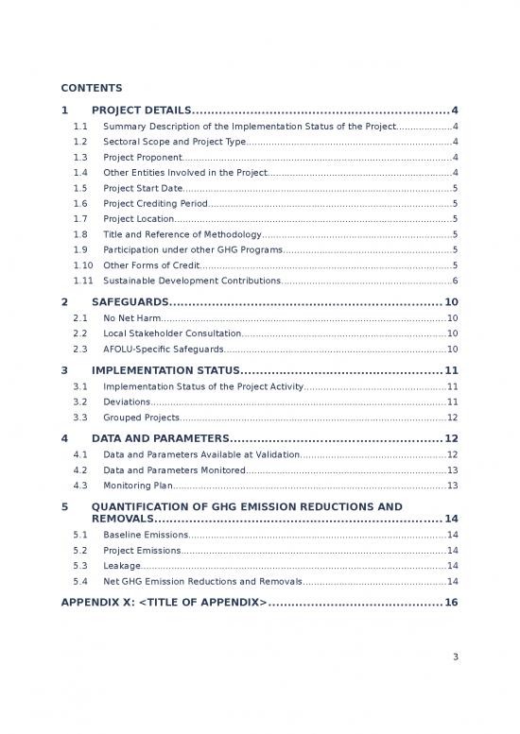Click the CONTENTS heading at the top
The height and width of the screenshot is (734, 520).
(92, 88)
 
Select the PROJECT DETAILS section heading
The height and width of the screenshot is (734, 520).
(142, 110)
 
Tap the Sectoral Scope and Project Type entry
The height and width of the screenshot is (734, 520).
(174, 142)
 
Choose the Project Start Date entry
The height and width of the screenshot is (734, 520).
(143, 189)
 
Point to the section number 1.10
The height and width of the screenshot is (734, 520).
(82, 265)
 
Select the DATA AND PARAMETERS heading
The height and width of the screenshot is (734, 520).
(161, 438)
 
